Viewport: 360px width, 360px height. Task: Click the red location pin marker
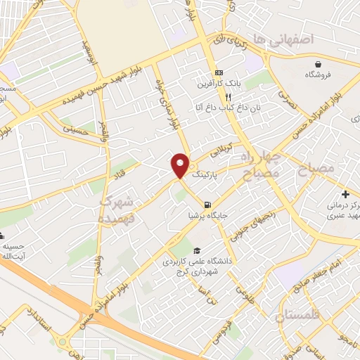pos(180,165)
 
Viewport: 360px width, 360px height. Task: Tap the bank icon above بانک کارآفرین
pos(218,72)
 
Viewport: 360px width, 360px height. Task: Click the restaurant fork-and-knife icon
pos(209,97)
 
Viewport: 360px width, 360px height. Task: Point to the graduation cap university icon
pos(196,250)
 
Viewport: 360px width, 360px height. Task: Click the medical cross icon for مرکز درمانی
pos(345,194)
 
